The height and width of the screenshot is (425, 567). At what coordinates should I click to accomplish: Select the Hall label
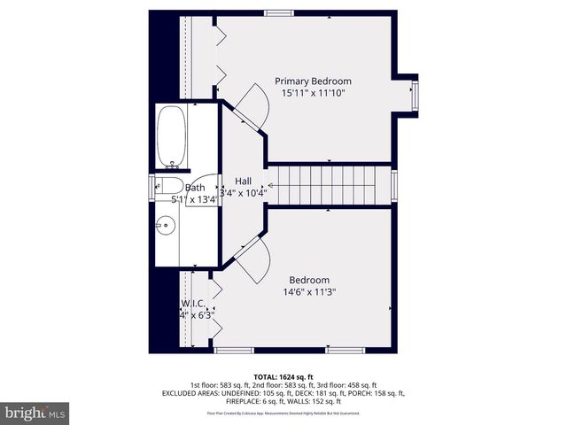click(243, 181)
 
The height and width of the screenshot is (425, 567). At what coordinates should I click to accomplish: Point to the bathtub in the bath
click(174, 136)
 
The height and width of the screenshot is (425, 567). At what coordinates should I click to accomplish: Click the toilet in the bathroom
click(167, 185)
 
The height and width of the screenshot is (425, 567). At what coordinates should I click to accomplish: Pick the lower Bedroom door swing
click(252, 262)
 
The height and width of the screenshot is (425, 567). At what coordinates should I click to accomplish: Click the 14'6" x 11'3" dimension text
click(309, 291)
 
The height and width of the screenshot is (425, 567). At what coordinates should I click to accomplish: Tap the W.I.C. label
click(192, 304)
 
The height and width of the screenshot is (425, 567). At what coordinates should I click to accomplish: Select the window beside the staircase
click(395, 184)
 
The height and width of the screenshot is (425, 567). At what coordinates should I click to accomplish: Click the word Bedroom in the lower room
click(309, 280)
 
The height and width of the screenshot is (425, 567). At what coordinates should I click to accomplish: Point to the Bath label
click(196, 188)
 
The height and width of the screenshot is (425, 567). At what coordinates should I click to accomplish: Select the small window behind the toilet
click(151, 185)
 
